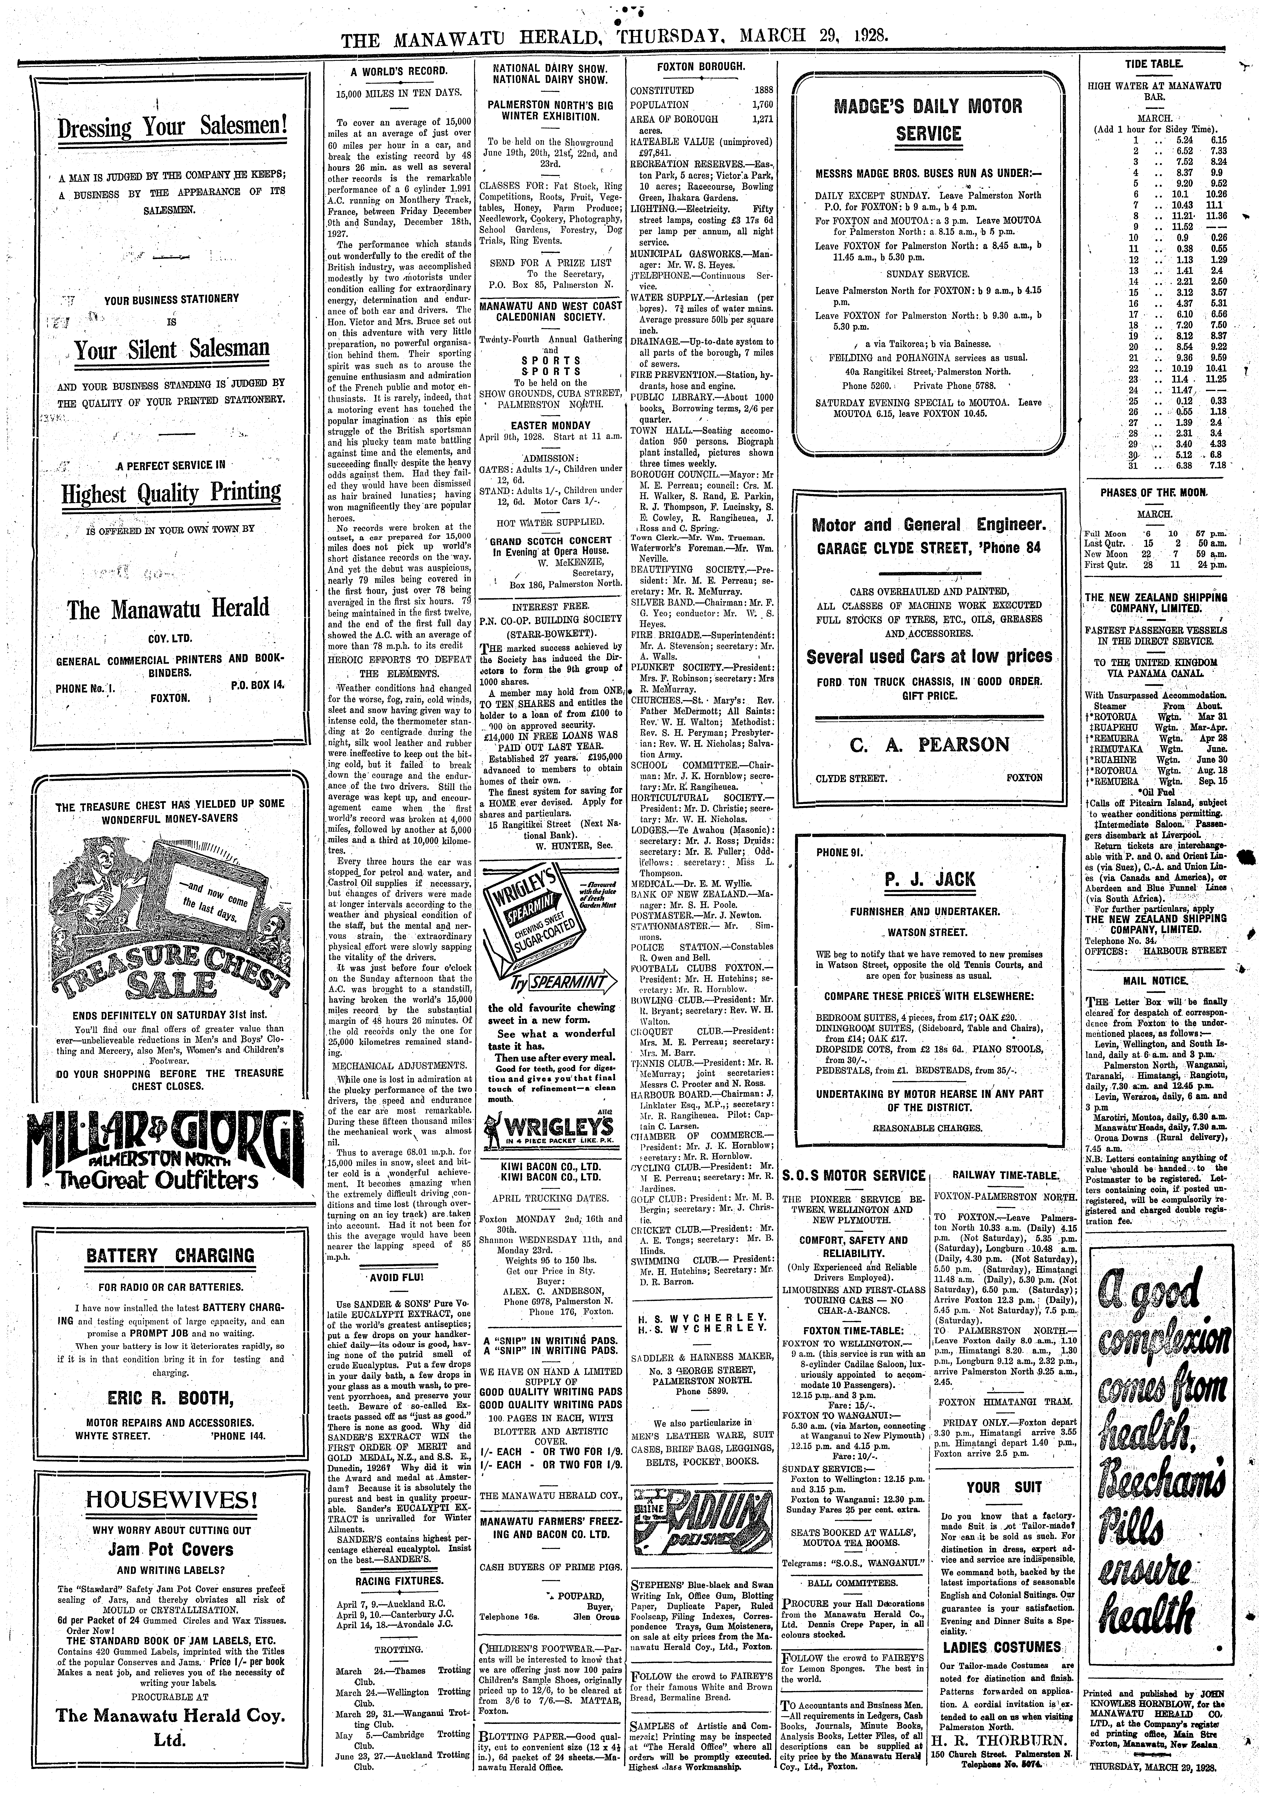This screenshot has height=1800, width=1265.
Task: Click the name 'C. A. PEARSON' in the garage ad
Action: pos(929,744)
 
